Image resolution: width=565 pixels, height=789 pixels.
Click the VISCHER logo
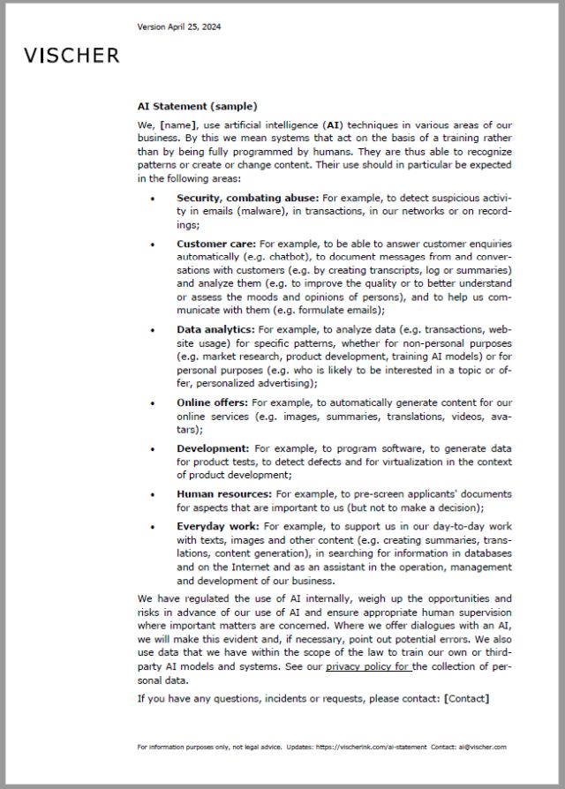coord(72,56)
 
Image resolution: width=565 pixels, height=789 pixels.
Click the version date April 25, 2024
coord(179,26)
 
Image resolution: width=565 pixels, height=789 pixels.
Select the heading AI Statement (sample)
coord(198,107)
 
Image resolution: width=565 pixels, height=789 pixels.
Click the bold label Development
coord(213,448)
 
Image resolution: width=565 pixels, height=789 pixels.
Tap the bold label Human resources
coord(224,494)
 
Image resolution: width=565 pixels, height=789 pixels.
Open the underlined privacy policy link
coord(367,667)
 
